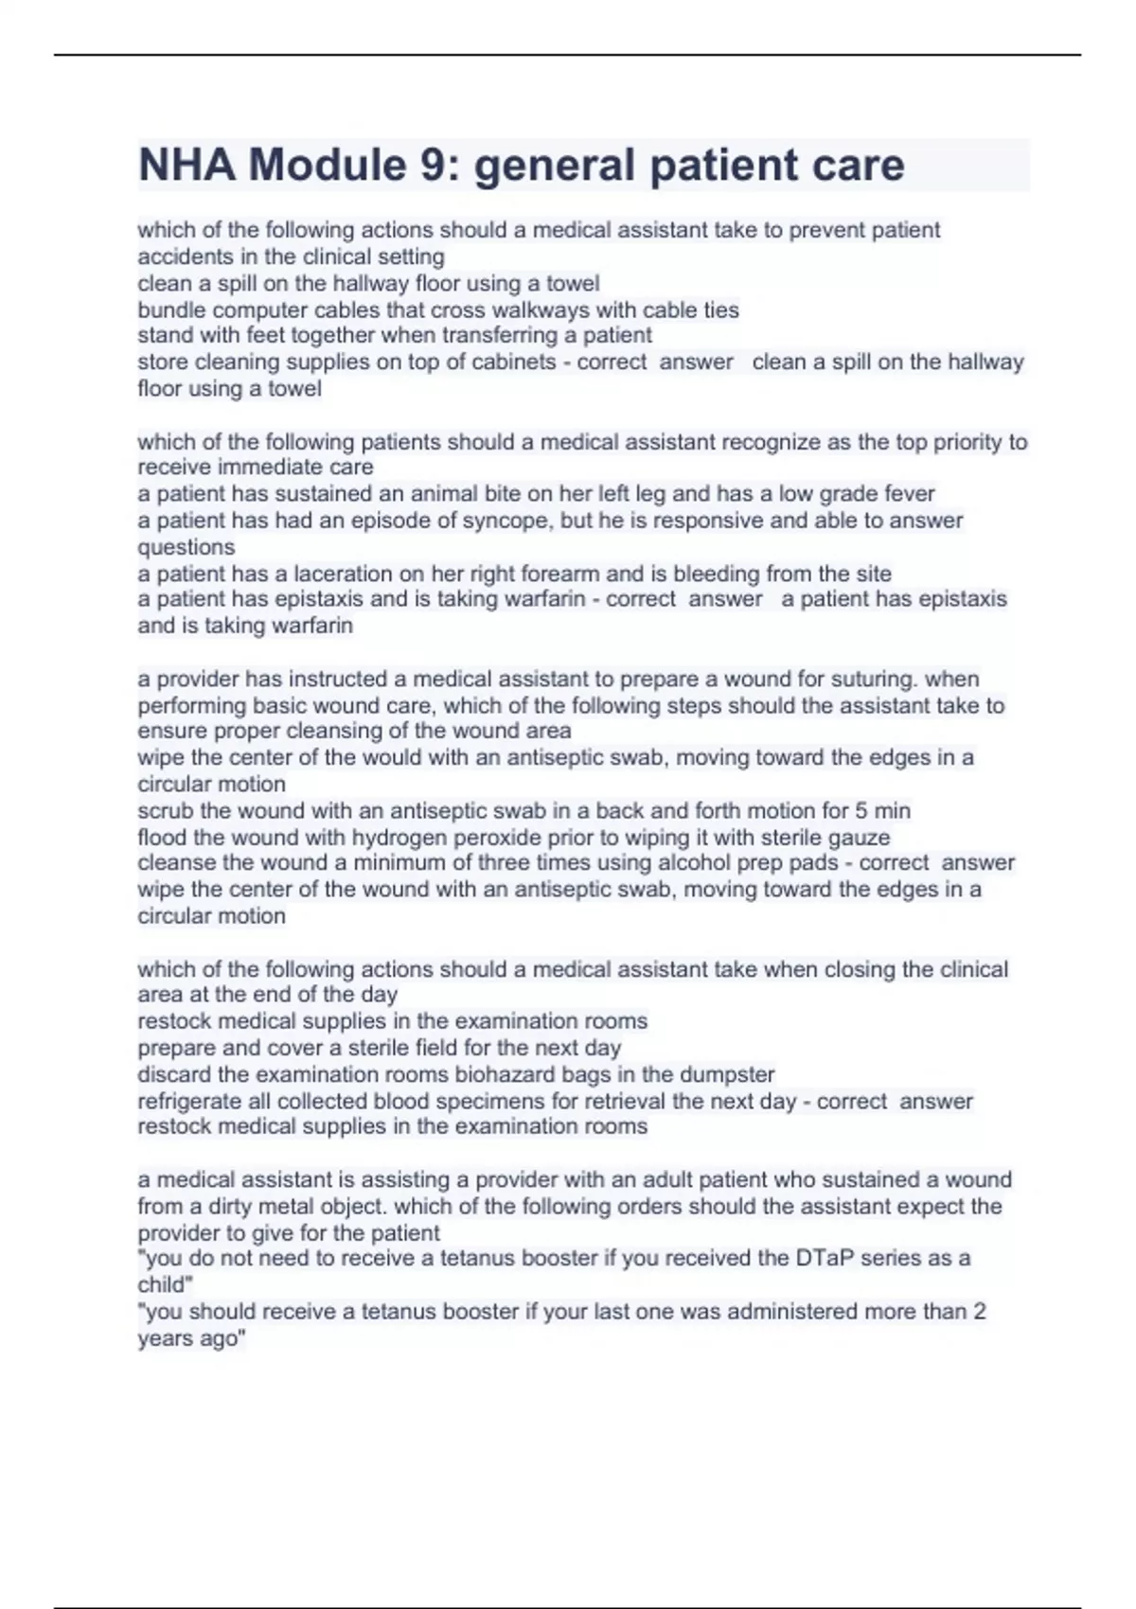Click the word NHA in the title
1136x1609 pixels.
[x=186, y=166]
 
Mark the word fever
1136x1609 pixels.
[x=909, y=494]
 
